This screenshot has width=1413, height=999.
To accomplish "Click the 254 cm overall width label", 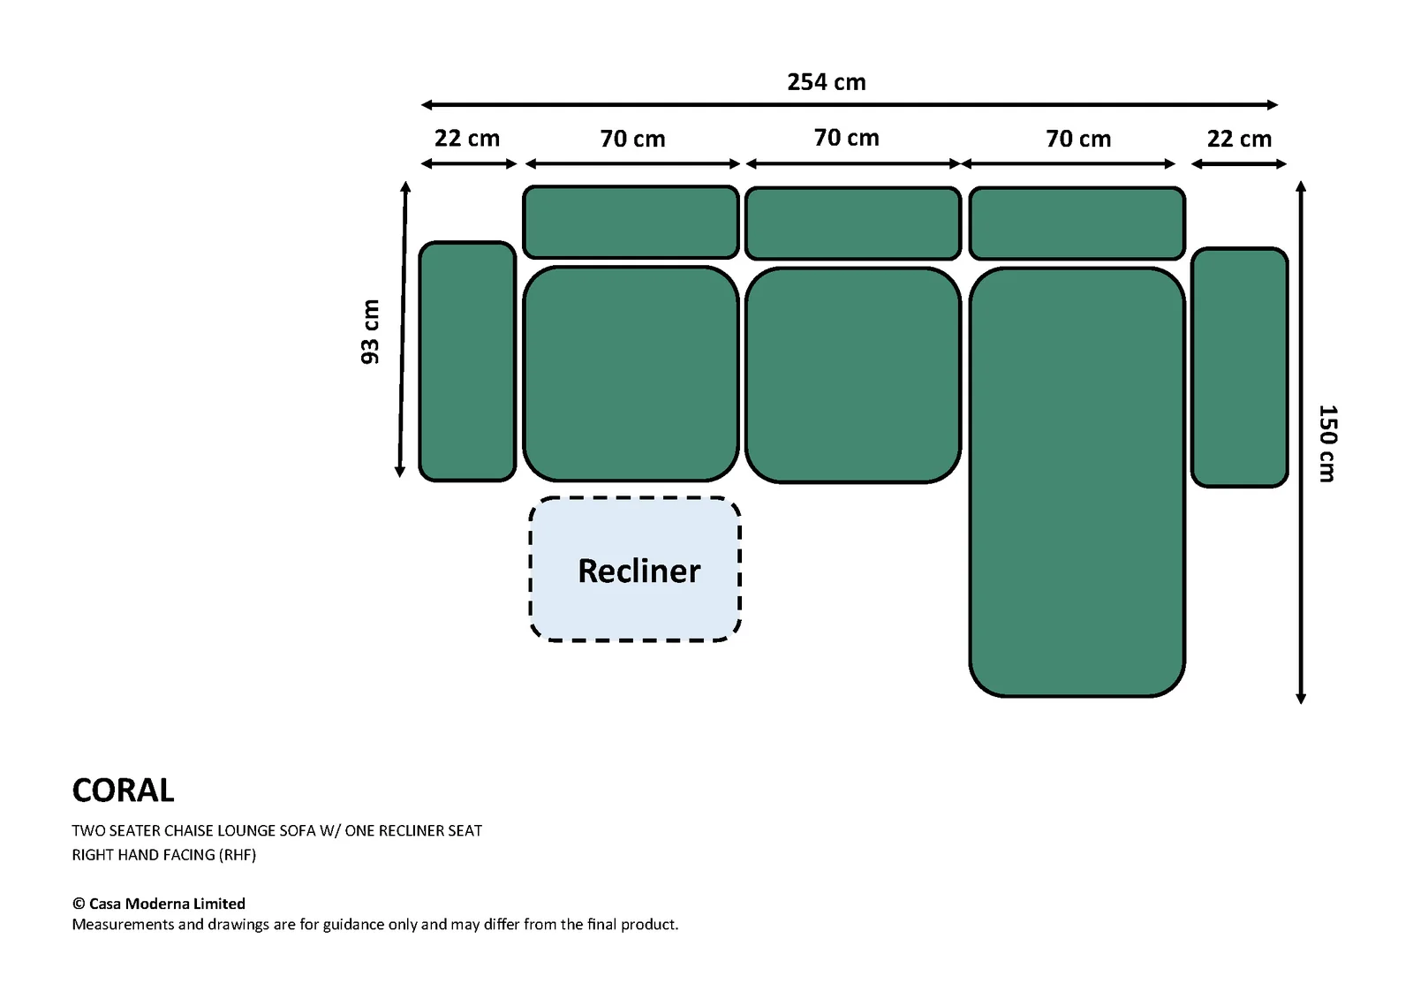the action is coord(827,82).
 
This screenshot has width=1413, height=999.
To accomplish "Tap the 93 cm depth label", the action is coord(370,332).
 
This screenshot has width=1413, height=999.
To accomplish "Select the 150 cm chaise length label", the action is coord(1327,443).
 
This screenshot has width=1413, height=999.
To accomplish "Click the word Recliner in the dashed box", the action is coord(639,571).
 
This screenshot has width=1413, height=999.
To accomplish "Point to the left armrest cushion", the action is coord(467,361).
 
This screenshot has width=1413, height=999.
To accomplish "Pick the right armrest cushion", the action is coord(1240,367).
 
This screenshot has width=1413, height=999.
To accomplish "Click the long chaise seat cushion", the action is coord(1077,482).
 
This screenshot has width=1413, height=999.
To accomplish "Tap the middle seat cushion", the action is coord(853,375).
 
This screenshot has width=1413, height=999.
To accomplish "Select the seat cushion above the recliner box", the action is coord(631,375).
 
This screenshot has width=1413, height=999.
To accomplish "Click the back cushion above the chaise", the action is coord(1077,223).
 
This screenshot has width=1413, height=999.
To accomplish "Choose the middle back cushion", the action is coord(853,223).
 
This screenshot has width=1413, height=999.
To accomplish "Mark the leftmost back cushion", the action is coord(631,222).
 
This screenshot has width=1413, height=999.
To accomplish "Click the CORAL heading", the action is coord(123,791).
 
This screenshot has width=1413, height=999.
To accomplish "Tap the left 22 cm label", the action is coord(467,139).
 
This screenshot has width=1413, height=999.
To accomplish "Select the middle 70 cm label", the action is coord(847,138).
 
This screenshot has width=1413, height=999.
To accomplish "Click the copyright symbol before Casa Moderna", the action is coord(79,904).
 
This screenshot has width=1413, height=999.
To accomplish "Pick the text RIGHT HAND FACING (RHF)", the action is coord(164,855).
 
